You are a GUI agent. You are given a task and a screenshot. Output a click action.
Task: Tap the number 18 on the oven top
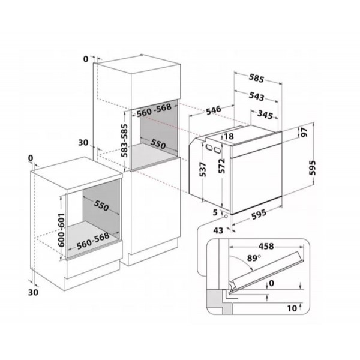pyautogui.click(x=229, y=137)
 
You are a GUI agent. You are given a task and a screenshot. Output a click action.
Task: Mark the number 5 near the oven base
pyautogui.click(x=214, y=211)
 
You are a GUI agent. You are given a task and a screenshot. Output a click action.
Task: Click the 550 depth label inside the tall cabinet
pyautogui.click(x=158, y=144)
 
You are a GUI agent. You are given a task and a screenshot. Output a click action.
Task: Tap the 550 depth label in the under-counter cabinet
pyautogui.click(x=101, y=207)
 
